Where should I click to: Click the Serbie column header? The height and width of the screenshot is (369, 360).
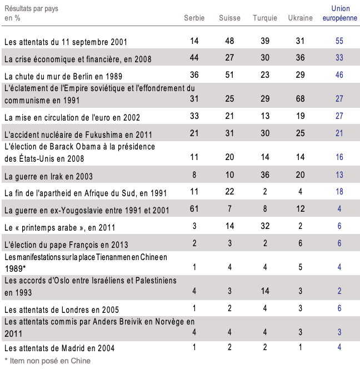tap(194, 18)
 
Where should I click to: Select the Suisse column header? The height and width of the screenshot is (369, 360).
tap(229, 18)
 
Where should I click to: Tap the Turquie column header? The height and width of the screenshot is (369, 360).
tap(265, 18)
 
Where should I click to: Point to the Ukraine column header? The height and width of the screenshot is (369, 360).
tap(300, 18)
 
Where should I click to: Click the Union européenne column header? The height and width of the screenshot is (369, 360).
tap(340, 13)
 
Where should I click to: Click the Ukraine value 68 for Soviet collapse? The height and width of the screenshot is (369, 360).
tap(300, 98)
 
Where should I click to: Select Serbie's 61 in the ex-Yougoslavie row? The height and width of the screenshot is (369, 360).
tap(194, 209)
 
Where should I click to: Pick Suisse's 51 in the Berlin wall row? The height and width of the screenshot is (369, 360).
tap(229, 75)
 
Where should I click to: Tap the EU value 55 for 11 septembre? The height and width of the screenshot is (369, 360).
tap(339, 41)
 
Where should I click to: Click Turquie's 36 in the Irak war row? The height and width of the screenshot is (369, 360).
tap(265, 175)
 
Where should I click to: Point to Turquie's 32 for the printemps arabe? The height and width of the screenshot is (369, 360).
tap(265, 226)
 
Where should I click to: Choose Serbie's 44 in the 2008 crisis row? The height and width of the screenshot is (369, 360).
tap(194, 58)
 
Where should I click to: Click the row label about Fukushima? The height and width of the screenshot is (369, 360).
tap(78, 134)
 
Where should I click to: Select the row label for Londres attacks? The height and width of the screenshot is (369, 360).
tap(62, 310)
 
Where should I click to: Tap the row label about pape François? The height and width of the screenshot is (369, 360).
tap(66, 245)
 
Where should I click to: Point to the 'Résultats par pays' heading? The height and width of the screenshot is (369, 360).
tap(31, 9)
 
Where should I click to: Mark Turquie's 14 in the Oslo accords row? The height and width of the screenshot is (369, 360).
tap(265, 291)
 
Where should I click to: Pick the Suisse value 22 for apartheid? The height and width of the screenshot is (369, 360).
tap(229, 192)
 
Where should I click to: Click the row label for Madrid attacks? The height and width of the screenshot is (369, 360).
tap(59, 348)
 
